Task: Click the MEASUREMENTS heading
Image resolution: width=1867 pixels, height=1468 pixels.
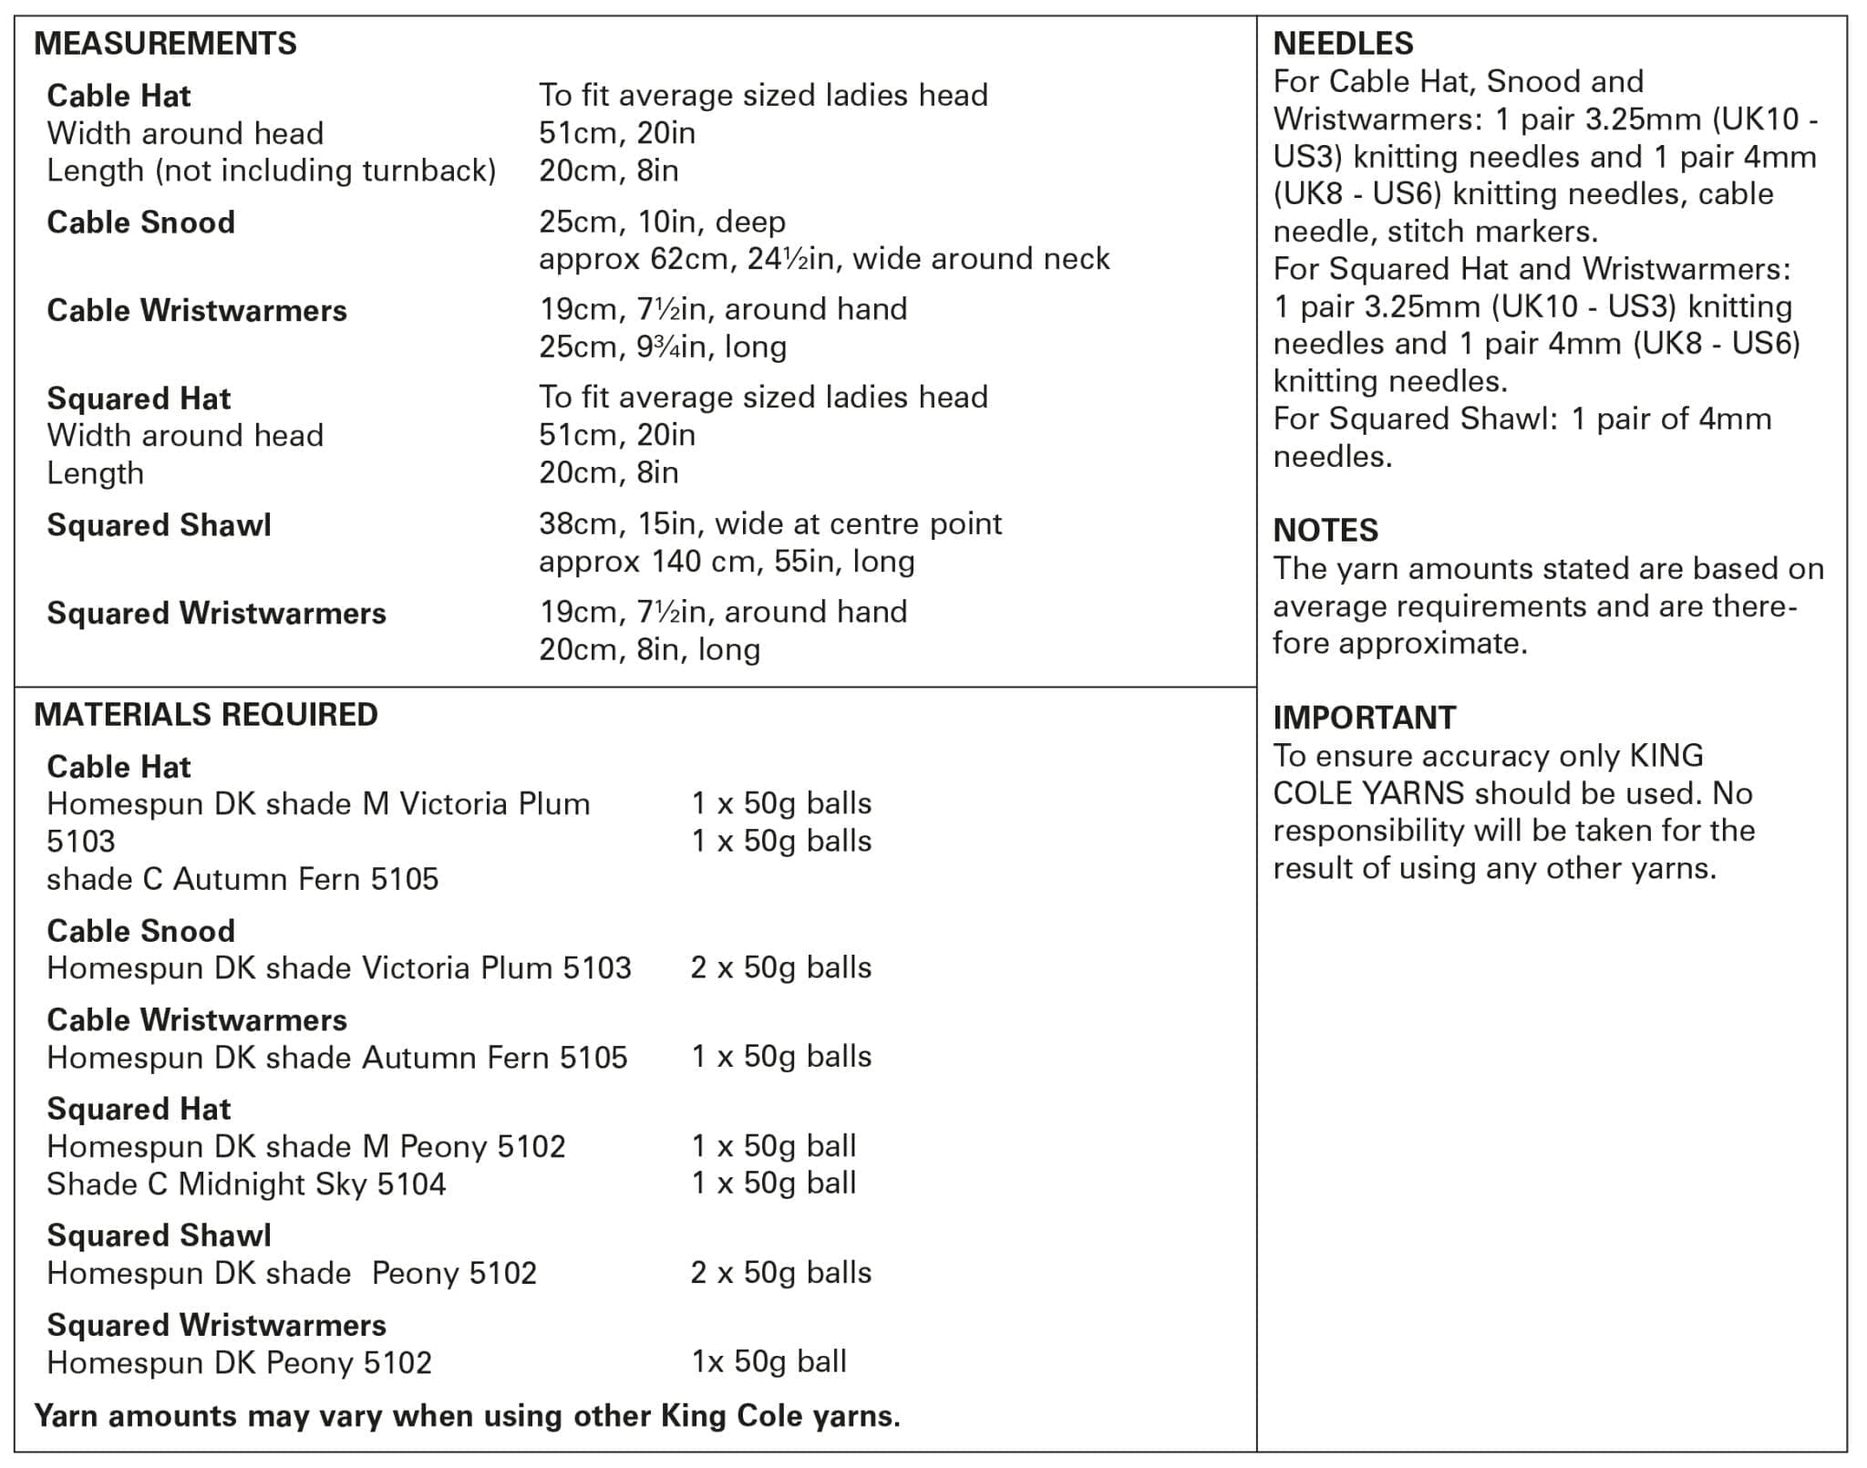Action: click(165, 44)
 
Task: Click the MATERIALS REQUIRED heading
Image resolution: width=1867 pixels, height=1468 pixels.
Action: click(206, 715)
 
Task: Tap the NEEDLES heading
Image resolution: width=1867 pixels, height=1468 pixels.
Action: click(1343, 44)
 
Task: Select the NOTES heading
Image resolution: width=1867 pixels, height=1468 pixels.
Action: click(1325, 531)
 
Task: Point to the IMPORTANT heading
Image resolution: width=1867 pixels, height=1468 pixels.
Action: click(1364, 718)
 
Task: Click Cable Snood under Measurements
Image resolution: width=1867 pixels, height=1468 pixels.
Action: click(140, 222)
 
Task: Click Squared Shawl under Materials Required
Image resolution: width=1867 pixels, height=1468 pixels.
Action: click(159, 1235)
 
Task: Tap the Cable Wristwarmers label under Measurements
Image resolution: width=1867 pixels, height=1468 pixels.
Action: click(197, 311)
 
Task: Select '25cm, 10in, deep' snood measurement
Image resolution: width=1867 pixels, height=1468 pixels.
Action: click(662, 222)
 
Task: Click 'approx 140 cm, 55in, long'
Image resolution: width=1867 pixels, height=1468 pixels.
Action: click(727, 562)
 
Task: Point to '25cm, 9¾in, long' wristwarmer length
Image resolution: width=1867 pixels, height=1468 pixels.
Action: click(663, 347)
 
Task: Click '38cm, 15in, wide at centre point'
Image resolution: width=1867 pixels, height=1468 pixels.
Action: click(770, 524)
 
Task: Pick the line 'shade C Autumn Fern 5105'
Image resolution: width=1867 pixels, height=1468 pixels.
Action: click(242, 879)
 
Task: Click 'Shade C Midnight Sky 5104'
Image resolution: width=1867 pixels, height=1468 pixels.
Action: click(246, 1184)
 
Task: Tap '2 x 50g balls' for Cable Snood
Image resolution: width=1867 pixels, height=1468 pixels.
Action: click(780, 967)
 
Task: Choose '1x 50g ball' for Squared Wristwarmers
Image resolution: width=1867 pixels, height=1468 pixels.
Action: click(768, 1362)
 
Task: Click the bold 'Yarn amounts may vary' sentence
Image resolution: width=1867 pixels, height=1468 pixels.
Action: click(467, 1416)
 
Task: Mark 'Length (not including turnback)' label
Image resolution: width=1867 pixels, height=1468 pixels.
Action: click(271, 171)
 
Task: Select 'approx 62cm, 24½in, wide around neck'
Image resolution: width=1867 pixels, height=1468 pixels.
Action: click(824, 260)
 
